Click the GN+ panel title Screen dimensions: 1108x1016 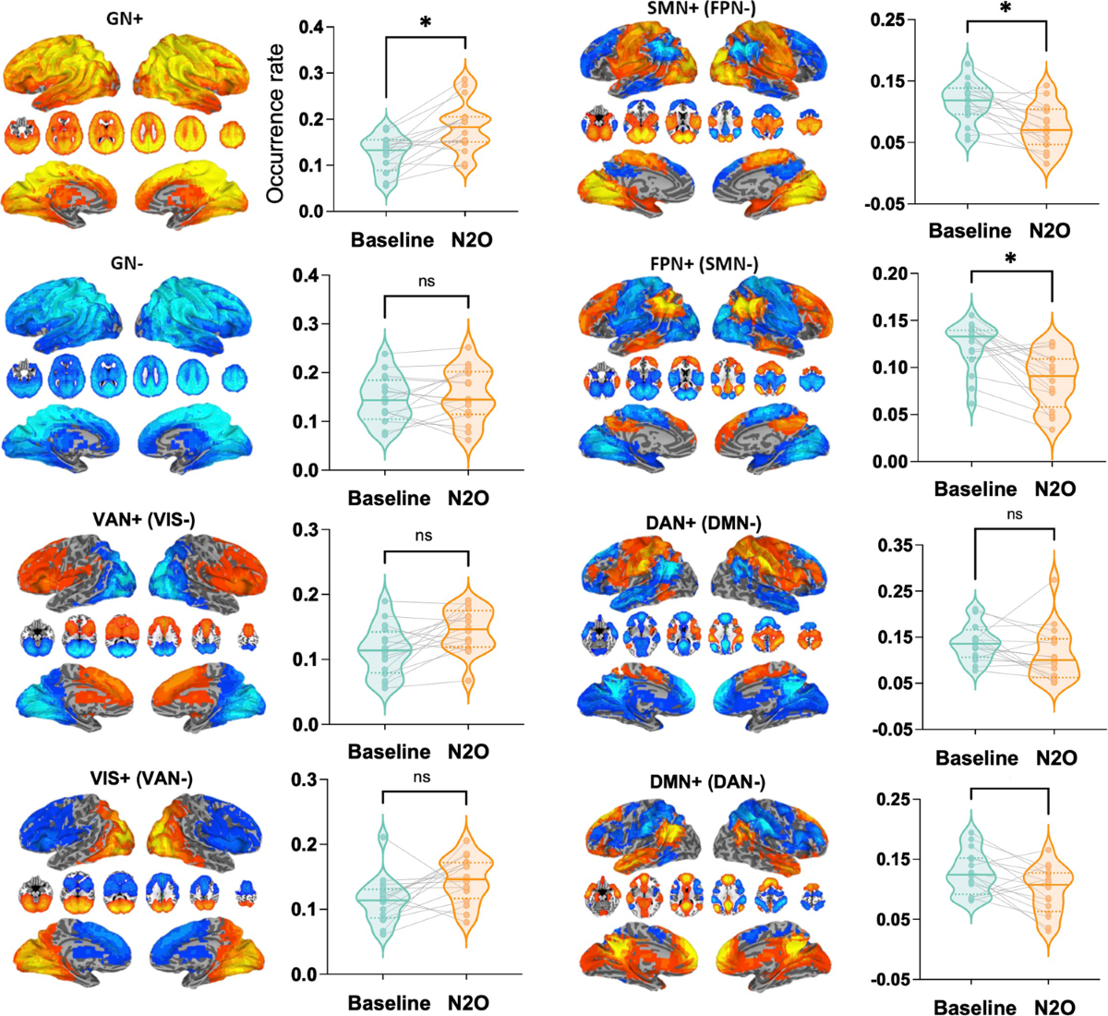pyautogui.click(x=125, y=18)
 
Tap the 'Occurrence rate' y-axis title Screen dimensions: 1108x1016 pyautogui.click(x=274, y=123)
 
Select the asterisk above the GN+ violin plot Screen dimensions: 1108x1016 pyautogui.click(x=425, y=23)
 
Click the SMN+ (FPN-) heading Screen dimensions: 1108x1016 pyautogui.click(x=704, y=7)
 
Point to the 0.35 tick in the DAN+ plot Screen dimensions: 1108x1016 pyautogui.click(x=893, y=545)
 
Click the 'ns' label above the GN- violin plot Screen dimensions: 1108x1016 pyautogui.click(x=426, y=282)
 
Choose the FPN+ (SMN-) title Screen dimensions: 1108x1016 pyautogui.click(x=704, y=264)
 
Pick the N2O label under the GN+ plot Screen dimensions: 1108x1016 pyautogui.click(x=472, y=240)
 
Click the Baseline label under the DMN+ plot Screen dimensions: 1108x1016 pyautogui.click(x=975, y=1007)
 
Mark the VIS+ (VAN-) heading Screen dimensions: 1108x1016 pyautogui.click(x=141, y=779)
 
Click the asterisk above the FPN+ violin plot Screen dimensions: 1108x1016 pyautogui.click(x=1010, y=259)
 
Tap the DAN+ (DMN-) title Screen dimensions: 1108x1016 pyautogui.click(x=705, y=523)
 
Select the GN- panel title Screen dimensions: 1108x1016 pyautogui.click(x=127, y=263)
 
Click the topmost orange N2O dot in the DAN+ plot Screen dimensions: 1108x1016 pyautogui.click(x=1054, y=580)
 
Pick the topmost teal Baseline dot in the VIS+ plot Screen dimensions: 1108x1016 pyautogui.click(x=383, y=838)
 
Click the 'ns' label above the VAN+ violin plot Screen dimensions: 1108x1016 pyautogui.click(x=423, y=536)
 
